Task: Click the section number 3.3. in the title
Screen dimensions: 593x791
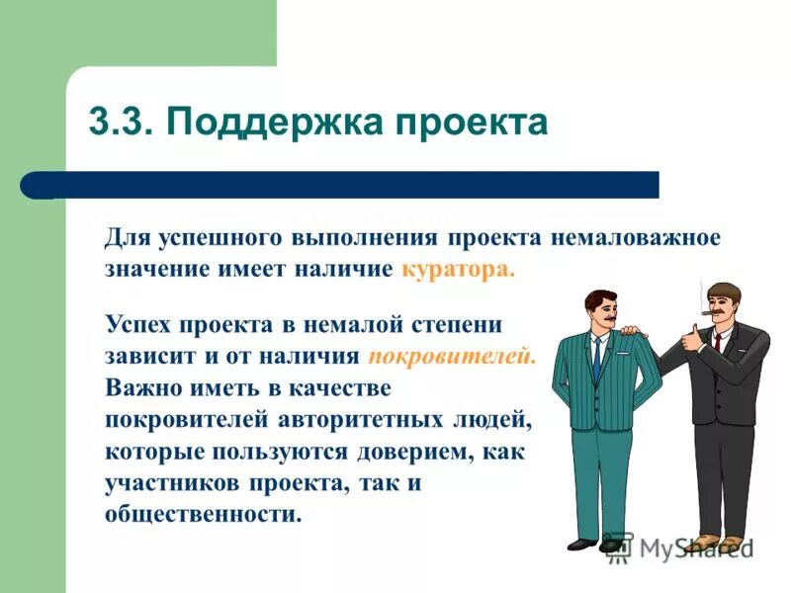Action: (x=121, y=123)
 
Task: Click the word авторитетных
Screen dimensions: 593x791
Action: (x=371, y=419)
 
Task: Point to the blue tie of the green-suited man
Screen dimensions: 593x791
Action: (x=596, y=360)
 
